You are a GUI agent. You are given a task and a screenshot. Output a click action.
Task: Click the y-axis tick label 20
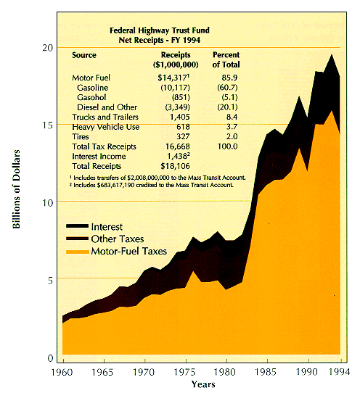(x=48, y=47)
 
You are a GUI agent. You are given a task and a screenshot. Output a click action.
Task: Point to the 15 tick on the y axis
(x=48, y=125)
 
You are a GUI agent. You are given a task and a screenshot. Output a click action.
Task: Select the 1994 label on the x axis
(x=339, y=372)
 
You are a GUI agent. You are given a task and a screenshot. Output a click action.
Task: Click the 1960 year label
(x=62, y=372)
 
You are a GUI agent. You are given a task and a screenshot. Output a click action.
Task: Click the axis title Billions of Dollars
(x=16, y=189)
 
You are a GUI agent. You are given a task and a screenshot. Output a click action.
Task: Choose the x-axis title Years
(x=203, y=384)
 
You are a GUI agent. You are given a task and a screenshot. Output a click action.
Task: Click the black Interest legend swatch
(x=77, y=226)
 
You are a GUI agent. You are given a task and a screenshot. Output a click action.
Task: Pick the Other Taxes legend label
(x=118, y=239)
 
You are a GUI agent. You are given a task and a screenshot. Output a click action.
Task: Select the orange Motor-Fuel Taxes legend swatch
(x=77, y=252)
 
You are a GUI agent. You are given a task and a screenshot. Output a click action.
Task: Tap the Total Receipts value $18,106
(x=175, y=166)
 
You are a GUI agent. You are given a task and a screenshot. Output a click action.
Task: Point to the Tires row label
(x=81, y=136)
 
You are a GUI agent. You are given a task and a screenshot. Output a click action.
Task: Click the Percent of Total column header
(x=226, y=59)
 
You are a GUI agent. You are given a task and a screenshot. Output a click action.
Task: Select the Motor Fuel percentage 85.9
(x=229, y=78)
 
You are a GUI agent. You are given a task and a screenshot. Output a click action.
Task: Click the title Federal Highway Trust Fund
(x=160, y=30)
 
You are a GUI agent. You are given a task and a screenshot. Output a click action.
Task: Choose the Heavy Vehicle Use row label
(x=106, y=127)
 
